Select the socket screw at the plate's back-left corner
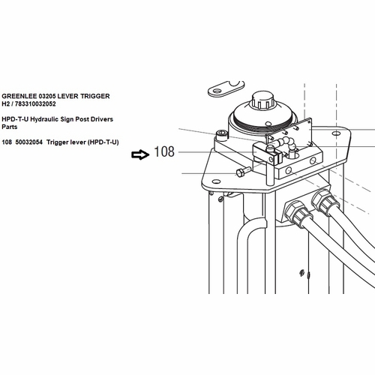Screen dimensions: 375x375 click(x=223, y=136)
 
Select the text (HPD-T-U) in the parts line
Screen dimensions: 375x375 click(x=103, y=142)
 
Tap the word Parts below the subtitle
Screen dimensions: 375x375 click(x=10, y=127)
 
